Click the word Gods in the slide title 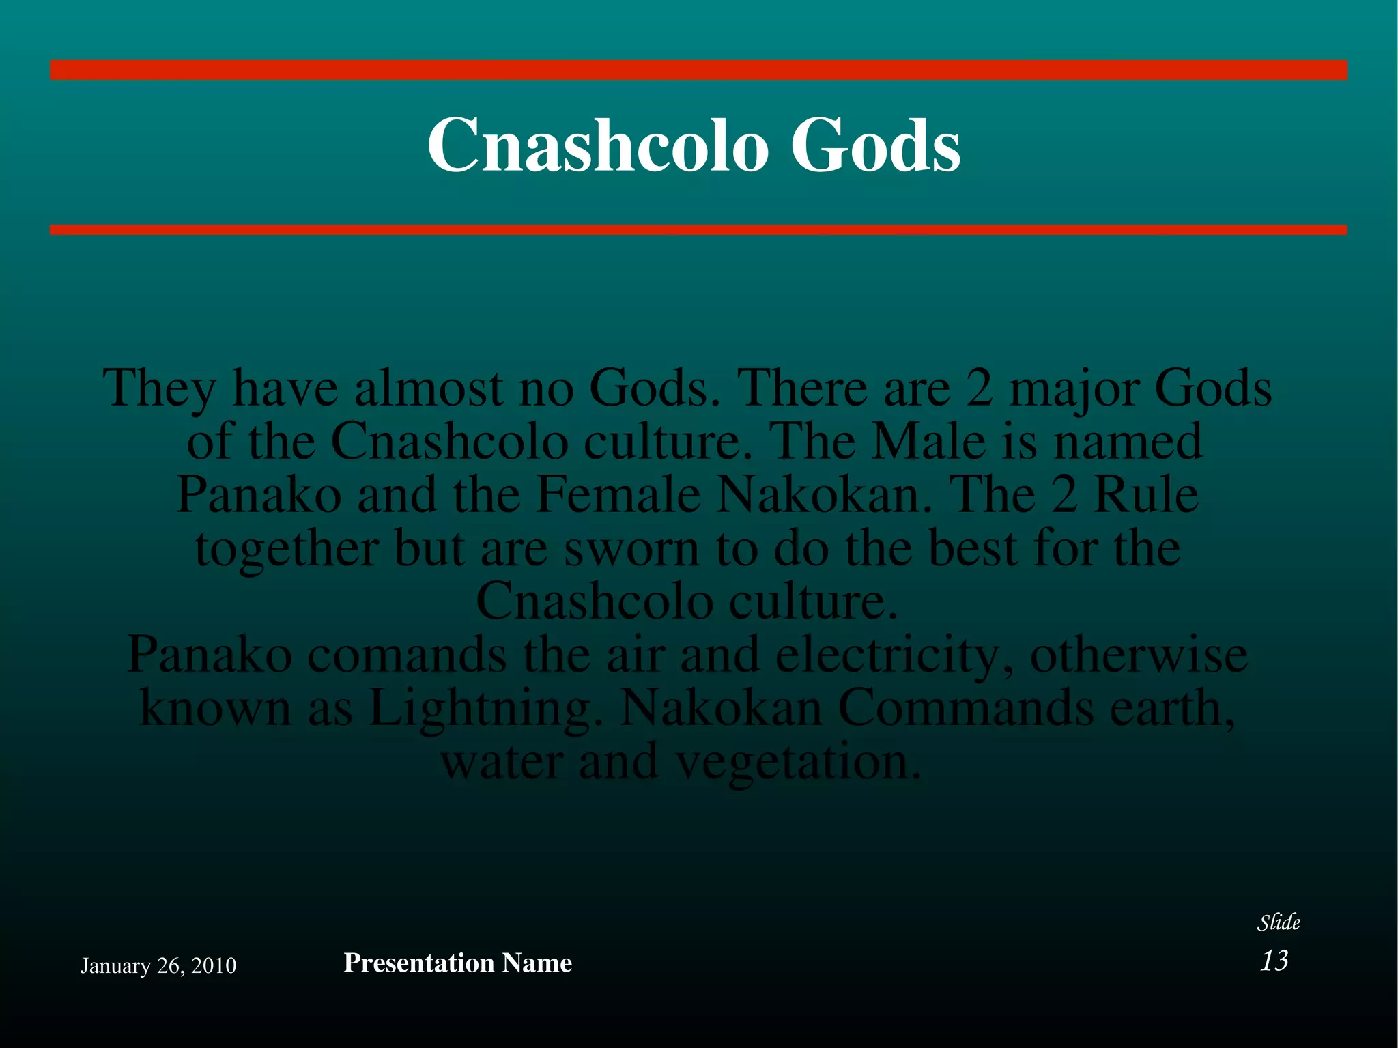(x=875, y=145)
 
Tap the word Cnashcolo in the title (x=594, y=145)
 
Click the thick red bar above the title (x=698, y=70)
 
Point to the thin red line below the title (x=698, y=230)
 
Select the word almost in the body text (x=429, y=388)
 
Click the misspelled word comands (x=407, y=655)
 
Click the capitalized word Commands (x=965, y=708)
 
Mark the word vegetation (x=796, y=763)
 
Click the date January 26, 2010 (x=158, y=965)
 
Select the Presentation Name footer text (x=457, y=963)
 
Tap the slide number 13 (x=1274, y=961)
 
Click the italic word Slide (x=1279, y=922)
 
